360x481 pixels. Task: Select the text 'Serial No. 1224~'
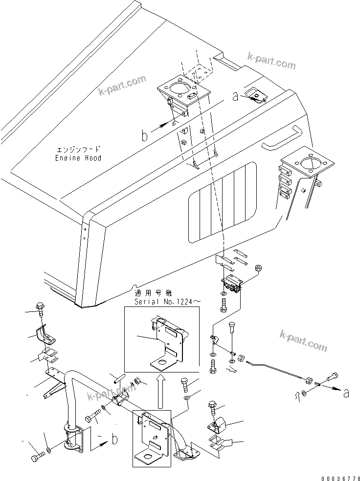(167, 303)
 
